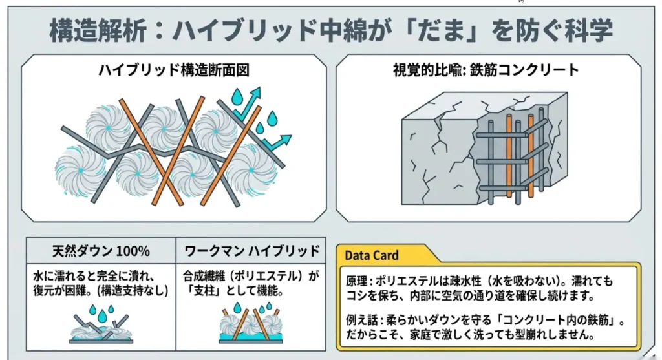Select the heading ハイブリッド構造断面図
173,70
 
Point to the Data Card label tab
372,255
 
